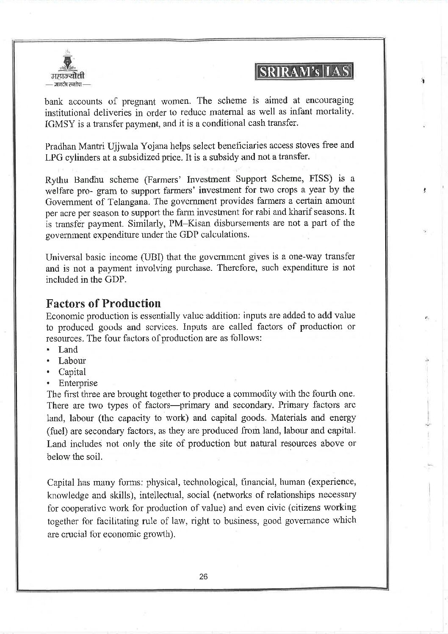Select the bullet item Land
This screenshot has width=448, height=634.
68,350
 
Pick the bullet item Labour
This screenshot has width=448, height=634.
72,361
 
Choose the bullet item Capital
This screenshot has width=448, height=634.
72,372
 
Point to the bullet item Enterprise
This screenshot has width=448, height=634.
78,383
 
